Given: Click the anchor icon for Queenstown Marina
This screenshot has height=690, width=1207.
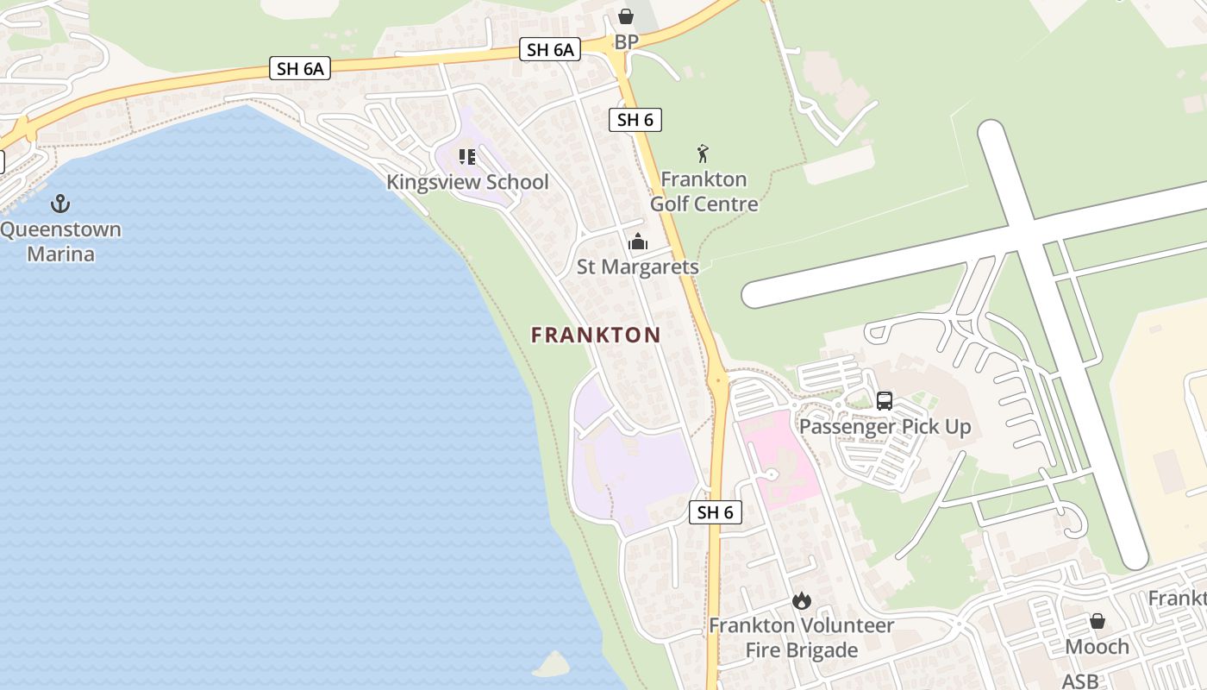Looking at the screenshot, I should coord(60,204).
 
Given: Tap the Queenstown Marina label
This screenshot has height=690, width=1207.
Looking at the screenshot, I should coord(60,242).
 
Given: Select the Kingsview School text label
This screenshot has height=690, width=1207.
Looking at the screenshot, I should coord(467,182).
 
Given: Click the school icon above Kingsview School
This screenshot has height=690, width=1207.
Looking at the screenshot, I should coord(467,157).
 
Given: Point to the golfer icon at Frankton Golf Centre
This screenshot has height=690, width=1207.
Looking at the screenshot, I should coord(703,154).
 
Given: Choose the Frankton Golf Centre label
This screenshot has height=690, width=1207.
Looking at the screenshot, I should coord(704,191).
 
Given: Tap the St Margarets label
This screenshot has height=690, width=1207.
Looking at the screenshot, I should coord(638,267).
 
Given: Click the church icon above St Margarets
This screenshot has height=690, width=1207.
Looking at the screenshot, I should coord(638,241).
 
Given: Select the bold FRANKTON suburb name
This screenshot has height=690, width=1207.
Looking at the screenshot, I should coord(596,335).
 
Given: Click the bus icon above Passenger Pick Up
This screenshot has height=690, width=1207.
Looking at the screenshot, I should coord(885,401).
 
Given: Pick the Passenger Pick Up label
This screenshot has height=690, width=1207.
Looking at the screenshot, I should coord(885,427).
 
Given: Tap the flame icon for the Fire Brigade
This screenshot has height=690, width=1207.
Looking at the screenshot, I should coord(802,600).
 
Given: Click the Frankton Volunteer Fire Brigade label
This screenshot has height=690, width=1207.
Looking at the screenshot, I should coord(801,637).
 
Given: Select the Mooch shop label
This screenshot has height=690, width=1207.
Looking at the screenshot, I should coord(1098,647).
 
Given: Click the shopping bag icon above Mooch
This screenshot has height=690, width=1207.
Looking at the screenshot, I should coord(1098,621).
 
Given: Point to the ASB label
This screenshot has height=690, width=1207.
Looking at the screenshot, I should coord(1080,681).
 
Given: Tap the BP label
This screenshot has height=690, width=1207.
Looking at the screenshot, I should coord(626,42).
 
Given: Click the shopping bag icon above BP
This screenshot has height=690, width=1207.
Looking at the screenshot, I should coord(626,16).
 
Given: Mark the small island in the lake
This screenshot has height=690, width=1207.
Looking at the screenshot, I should coord(552,664).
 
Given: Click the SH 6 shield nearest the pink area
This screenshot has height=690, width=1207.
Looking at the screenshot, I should coord(716,512).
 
